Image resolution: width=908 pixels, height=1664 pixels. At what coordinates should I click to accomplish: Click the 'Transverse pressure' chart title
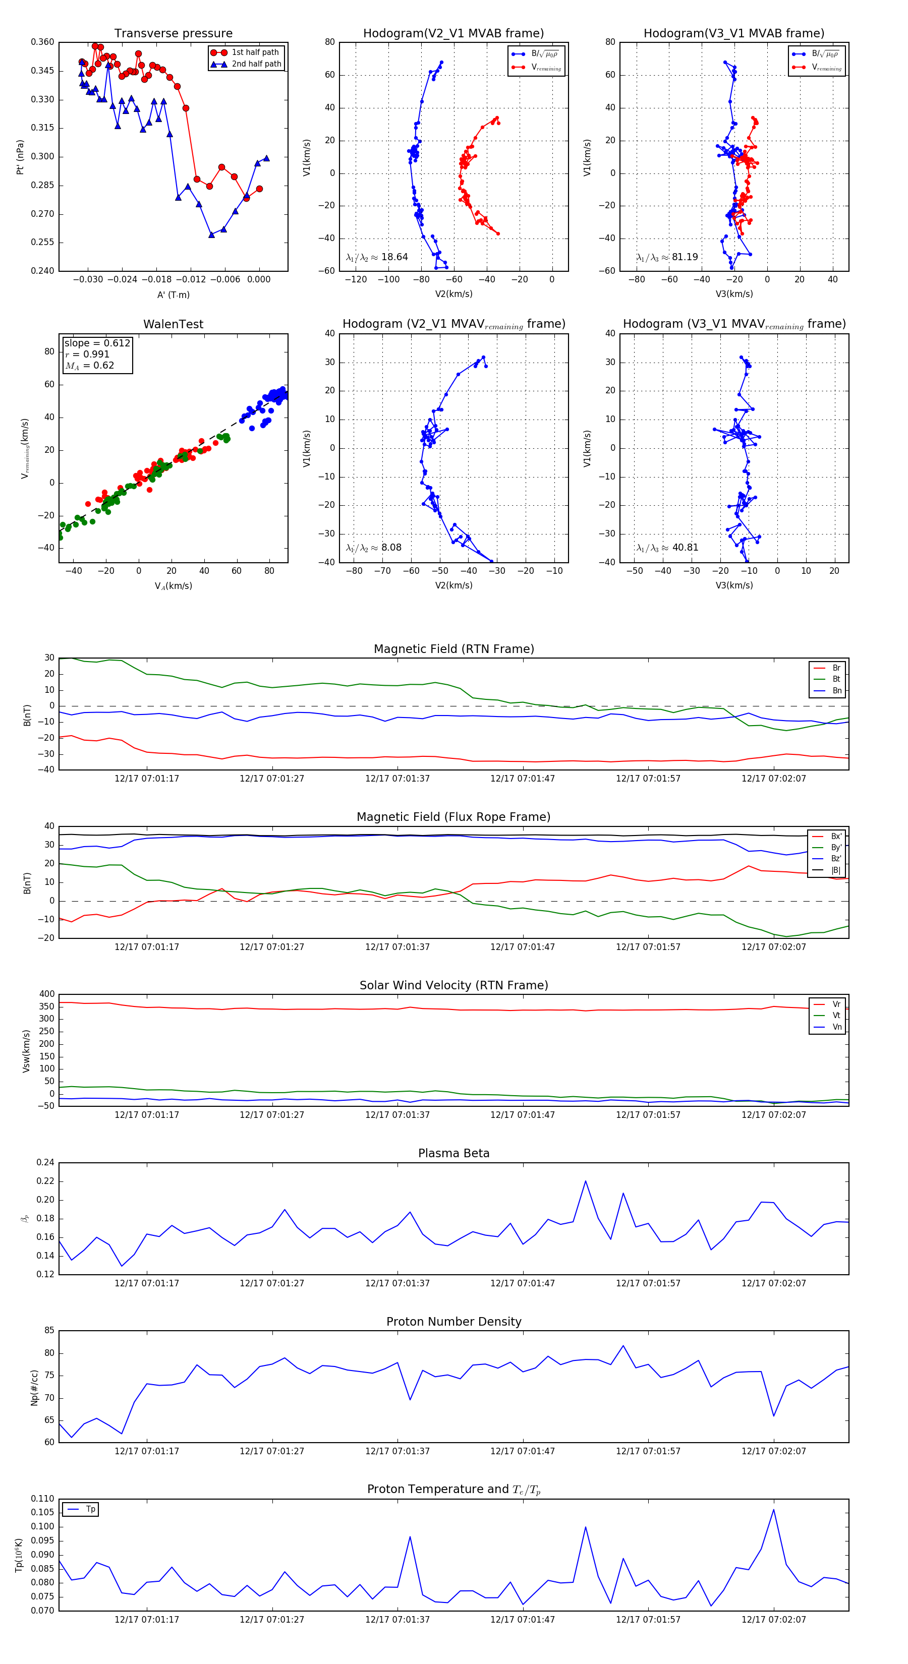tap(173, 34)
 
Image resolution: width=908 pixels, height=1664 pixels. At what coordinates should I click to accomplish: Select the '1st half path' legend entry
tap(255, 52)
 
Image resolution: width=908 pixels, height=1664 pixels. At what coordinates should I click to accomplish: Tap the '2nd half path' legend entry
tap(256, 64)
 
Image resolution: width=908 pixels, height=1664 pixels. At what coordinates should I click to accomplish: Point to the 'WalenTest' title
tap(173, 324)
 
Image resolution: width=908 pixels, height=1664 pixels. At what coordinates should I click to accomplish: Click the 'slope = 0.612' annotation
tap(97, 343)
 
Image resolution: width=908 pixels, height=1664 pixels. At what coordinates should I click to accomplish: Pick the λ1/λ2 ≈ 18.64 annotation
tap(377, 257)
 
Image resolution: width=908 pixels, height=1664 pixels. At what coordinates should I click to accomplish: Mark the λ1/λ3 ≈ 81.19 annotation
tap(667, 257)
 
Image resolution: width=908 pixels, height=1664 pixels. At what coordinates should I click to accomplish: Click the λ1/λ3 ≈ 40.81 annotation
tap(667, 548)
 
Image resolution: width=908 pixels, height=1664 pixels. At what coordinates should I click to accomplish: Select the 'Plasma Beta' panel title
tap(453, 1153)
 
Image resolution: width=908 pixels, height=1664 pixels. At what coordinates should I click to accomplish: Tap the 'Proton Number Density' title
tap(453, 1322)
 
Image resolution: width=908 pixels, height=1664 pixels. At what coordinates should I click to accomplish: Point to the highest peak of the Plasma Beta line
tap(586, 1181)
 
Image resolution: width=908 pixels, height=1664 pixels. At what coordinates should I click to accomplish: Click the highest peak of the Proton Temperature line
tap(774, 1509)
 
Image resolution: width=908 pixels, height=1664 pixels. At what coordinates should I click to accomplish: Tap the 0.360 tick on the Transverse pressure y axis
tap(43, 42)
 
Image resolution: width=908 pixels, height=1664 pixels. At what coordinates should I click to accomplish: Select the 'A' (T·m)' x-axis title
tap(173, 294)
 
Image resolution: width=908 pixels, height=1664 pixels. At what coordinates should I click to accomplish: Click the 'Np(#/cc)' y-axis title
tap(34, 1388)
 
